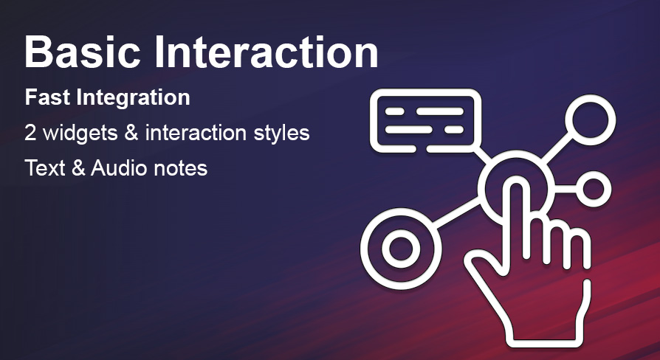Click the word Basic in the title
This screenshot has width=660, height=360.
pos(83,52)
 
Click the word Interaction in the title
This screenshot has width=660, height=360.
pos(267,52)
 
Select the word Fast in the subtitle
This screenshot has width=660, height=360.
pos(47,97)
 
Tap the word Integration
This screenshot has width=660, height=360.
pos(134,98)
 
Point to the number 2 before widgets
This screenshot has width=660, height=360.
pos(30,133)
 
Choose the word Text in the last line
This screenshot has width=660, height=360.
pos(45,168)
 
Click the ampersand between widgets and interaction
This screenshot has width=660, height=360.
pos(131,133)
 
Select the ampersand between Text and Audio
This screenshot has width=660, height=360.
pos(78,168)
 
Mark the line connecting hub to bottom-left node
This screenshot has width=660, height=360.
pos(458,213)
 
